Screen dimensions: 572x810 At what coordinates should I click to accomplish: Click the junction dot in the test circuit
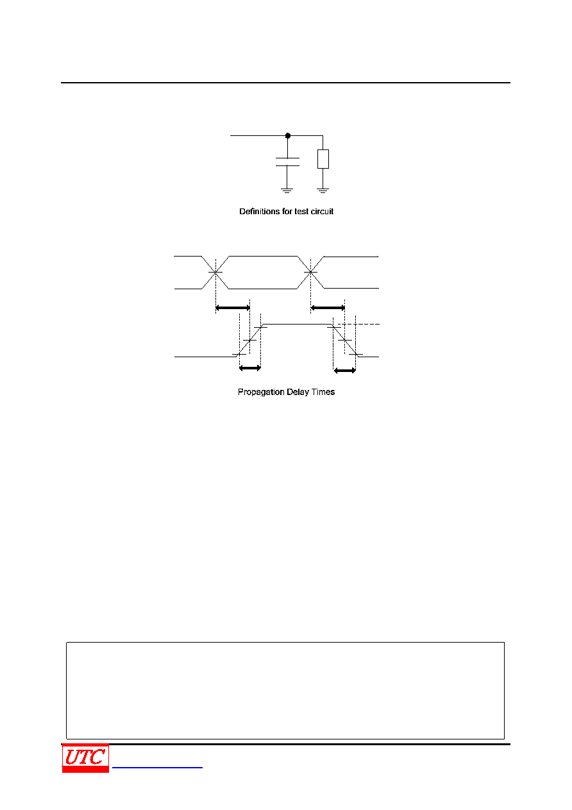pos(288,135)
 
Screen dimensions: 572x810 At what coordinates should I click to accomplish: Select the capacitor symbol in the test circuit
pos(287,162)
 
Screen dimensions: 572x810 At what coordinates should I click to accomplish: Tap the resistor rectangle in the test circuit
pos(323,159)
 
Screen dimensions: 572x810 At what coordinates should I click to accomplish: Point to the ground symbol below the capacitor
pos(287,190)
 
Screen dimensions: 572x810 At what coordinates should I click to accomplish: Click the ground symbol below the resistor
pos(323,190)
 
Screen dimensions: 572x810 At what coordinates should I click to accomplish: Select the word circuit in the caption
pos(322,212)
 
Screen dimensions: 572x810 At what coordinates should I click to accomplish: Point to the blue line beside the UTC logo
pos(157,767)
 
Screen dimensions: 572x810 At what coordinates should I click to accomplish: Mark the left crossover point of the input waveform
pos(215,272)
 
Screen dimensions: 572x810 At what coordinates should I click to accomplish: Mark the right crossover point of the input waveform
pos(310,272)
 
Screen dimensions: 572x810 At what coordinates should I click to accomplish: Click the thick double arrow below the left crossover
pos(233,308)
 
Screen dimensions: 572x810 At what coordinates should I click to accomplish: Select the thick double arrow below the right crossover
pos(328,308)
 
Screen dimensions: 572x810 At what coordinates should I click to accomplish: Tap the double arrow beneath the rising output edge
pos(250,368)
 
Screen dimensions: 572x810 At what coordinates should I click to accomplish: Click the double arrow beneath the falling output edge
pos(344,370)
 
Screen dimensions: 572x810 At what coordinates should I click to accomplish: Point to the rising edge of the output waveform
pos(250,341)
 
